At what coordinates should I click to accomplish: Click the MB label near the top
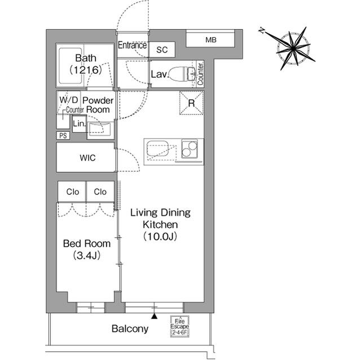[211, 40]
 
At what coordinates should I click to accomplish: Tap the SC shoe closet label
[162, 50]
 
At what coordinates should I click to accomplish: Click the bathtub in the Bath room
[71, 66]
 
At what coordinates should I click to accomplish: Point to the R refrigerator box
[191, 103]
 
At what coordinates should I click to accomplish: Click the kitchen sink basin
[158, 150]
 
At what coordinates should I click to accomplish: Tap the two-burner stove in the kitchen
[190, 149]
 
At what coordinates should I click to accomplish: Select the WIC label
[87, 158]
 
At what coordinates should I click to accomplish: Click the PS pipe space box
[63, 136]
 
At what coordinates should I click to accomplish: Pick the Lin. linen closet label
[79, 124]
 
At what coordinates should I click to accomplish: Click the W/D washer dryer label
[69, 100]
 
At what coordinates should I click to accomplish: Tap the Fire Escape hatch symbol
[179, 326]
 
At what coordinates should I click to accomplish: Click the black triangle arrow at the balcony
[154, 317]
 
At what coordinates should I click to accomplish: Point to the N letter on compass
[262, 30]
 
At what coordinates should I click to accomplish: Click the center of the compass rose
[293, 48]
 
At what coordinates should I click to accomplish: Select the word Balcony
[130, 329]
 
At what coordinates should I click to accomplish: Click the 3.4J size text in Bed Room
[87, 255]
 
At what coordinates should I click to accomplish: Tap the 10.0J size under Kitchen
[160, 237]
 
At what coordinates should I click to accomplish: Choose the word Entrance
[132, 45]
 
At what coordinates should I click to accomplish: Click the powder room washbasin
[100, 129]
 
